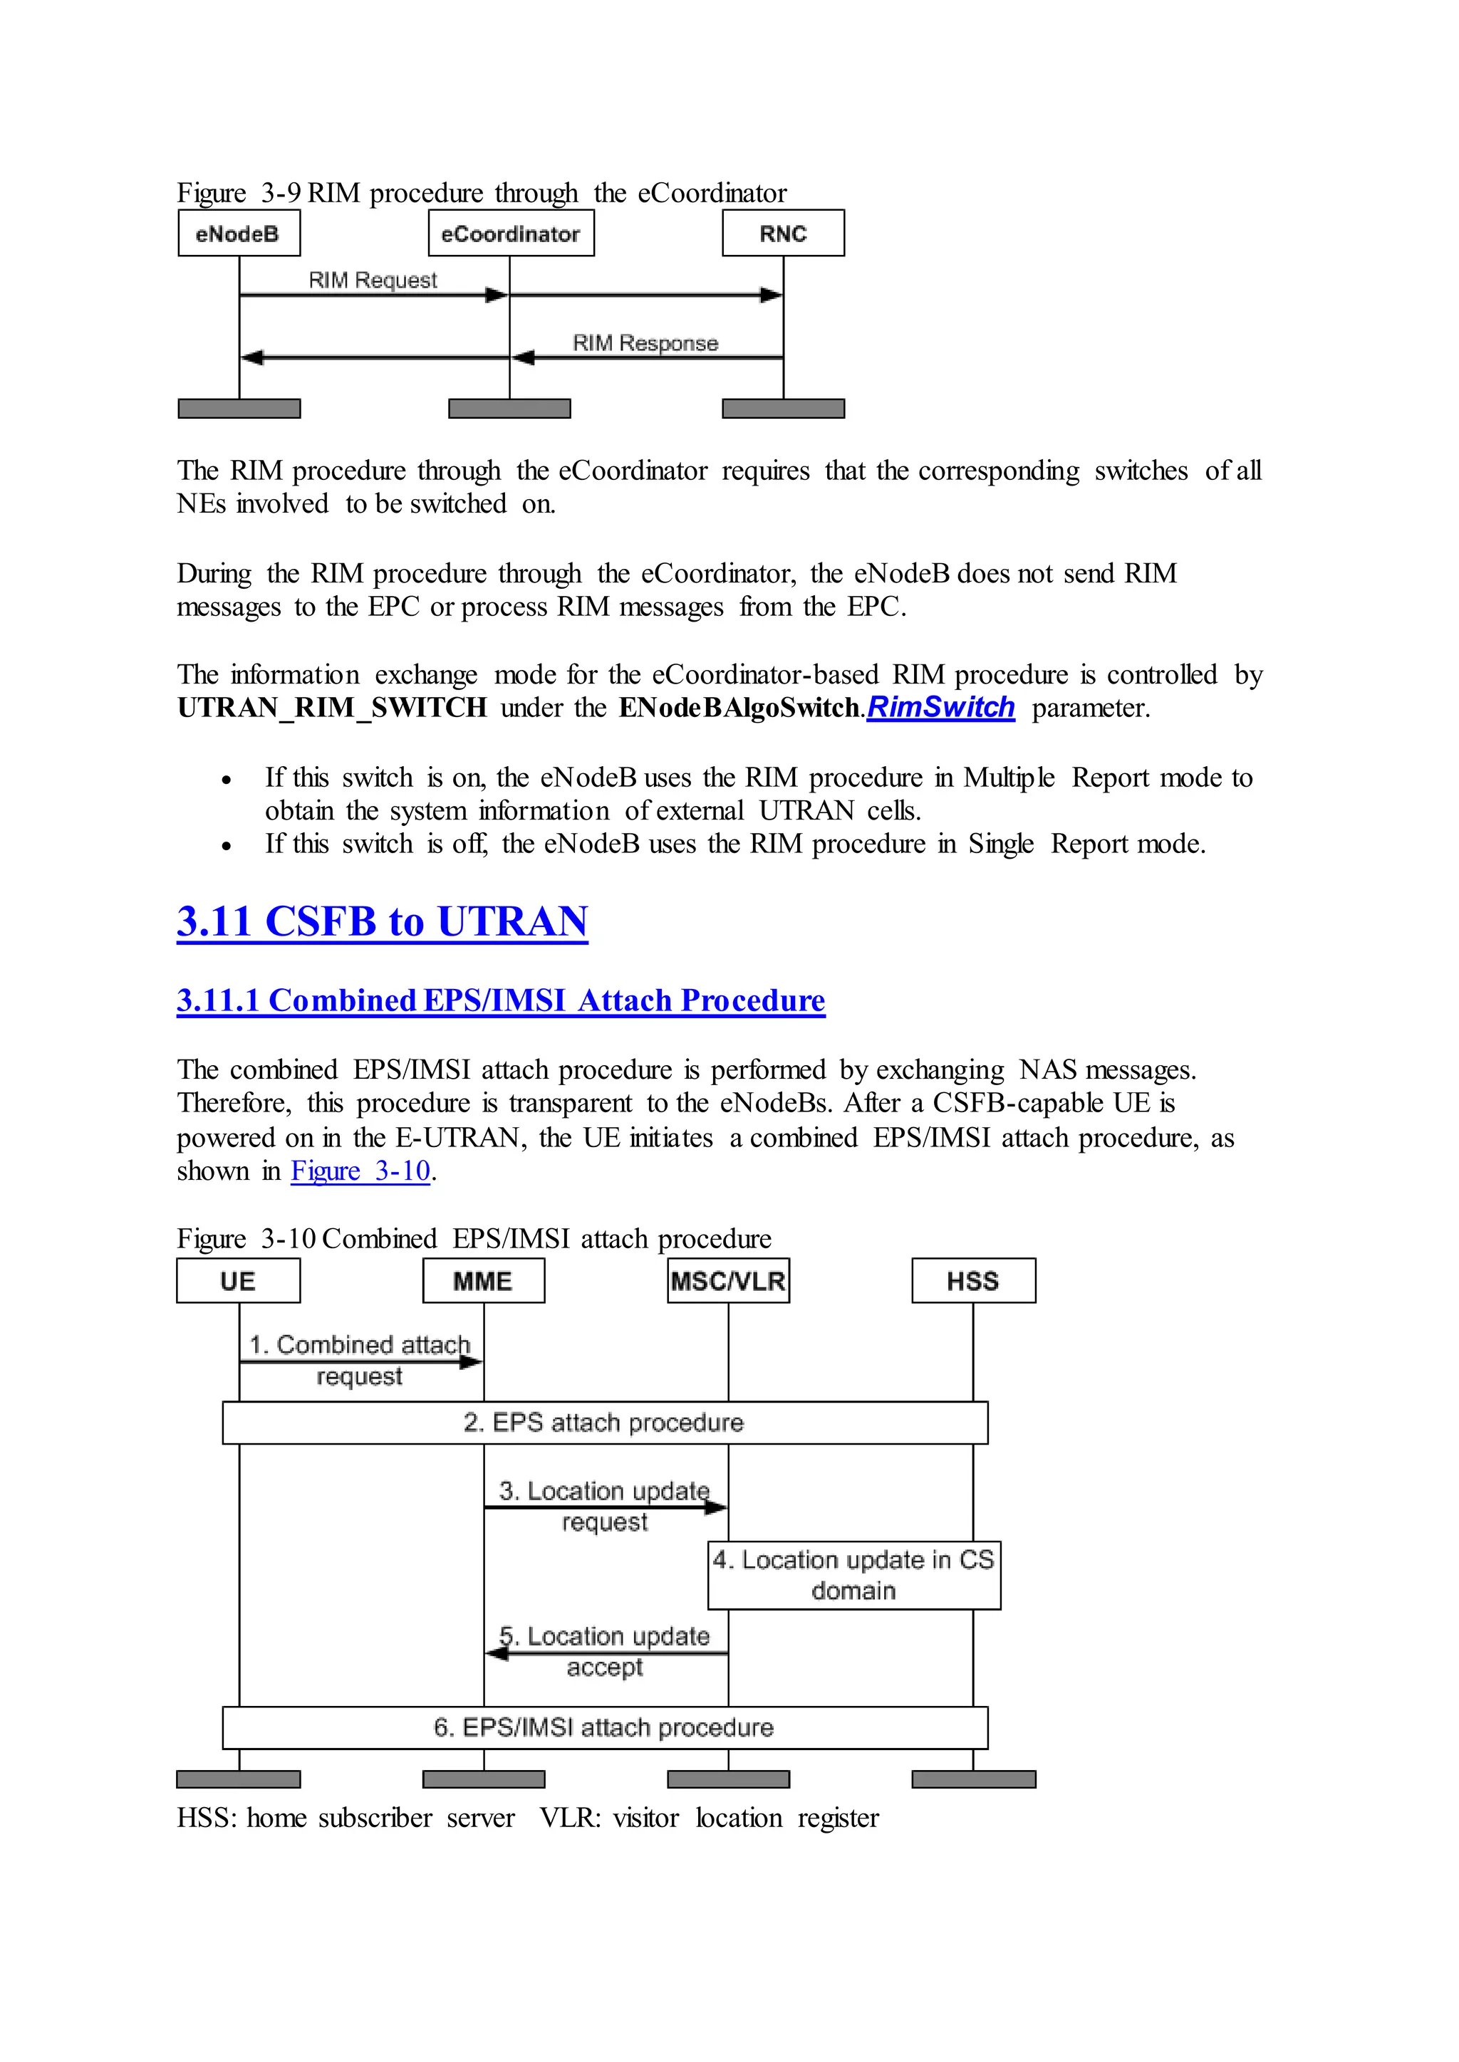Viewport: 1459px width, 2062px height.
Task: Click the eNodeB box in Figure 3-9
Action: tap(239, 234)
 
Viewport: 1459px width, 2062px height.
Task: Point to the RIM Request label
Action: tap(373, 281)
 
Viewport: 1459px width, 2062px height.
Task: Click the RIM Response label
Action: tap(645, 343)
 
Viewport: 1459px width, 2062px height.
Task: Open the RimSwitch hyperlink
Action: tap(940, 708)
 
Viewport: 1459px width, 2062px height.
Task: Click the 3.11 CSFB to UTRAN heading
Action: tap(382, 921)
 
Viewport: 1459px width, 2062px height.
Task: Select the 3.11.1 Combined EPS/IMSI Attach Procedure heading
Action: tap(500, 1000)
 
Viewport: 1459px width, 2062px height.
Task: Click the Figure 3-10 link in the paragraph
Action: tap(360, 1171)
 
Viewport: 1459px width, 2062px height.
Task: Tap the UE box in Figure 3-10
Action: tap(238, 1281)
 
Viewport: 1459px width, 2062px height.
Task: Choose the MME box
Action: tap(483, 1281)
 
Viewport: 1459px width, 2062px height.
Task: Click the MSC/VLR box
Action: tap(727, 1281)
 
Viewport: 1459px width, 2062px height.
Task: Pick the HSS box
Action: tap(973, 1281)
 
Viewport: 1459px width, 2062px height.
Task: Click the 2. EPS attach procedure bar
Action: tap(605, 1423)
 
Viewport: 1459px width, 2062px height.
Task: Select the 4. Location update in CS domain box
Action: tap(853, 1575)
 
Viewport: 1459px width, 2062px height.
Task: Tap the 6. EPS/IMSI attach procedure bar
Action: tap(605, 1728)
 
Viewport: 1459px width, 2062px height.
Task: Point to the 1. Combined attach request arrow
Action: tap(359, 1362)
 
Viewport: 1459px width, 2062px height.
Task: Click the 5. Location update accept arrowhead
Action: tap(497, 1653)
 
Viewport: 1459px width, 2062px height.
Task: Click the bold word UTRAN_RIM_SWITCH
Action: tap(331, 708)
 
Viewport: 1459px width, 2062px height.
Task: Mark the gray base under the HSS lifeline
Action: tap(973, 1779)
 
